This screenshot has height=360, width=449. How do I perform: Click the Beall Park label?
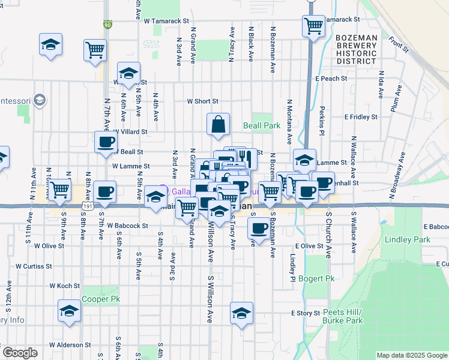(262, 126)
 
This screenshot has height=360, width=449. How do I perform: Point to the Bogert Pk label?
(321, 279)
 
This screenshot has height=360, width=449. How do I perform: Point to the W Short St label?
(202, 101)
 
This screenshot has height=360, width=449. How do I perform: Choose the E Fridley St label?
(361, 117)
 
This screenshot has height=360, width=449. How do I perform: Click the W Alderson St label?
(70, 345)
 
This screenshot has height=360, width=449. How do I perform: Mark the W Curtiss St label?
(34, 265)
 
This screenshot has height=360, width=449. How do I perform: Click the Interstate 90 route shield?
(107, 25)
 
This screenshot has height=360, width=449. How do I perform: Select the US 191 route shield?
(88, 206)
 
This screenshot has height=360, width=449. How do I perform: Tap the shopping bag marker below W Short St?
(218, 124)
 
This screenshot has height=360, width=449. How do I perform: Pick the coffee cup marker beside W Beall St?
(106, 142)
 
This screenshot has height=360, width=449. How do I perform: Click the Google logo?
(20, 353)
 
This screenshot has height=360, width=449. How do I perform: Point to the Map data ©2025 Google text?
(412, 355)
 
